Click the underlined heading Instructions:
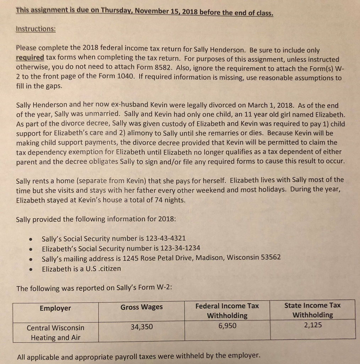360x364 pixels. (x=36, y=30)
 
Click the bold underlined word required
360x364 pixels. (x=30, y=58)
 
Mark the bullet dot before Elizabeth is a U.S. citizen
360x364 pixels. (x=32, y=269)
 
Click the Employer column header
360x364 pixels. (x=55, y=308)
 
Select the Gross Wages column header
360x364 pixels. (x=141, y=307)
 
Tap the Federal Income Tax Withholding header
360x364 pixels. (x=227, y=310)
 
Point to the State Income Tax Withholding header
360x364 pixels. (x=312, y=310)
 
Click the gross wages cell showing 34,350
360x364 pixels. (x=141, y=327)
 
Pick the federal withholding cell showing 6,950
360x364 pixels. (x=227, y=325)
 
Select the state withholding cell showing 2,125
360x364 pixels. (x=312, y=325)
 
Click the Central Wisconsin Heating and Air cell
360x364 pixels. (x=55, y=332)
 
